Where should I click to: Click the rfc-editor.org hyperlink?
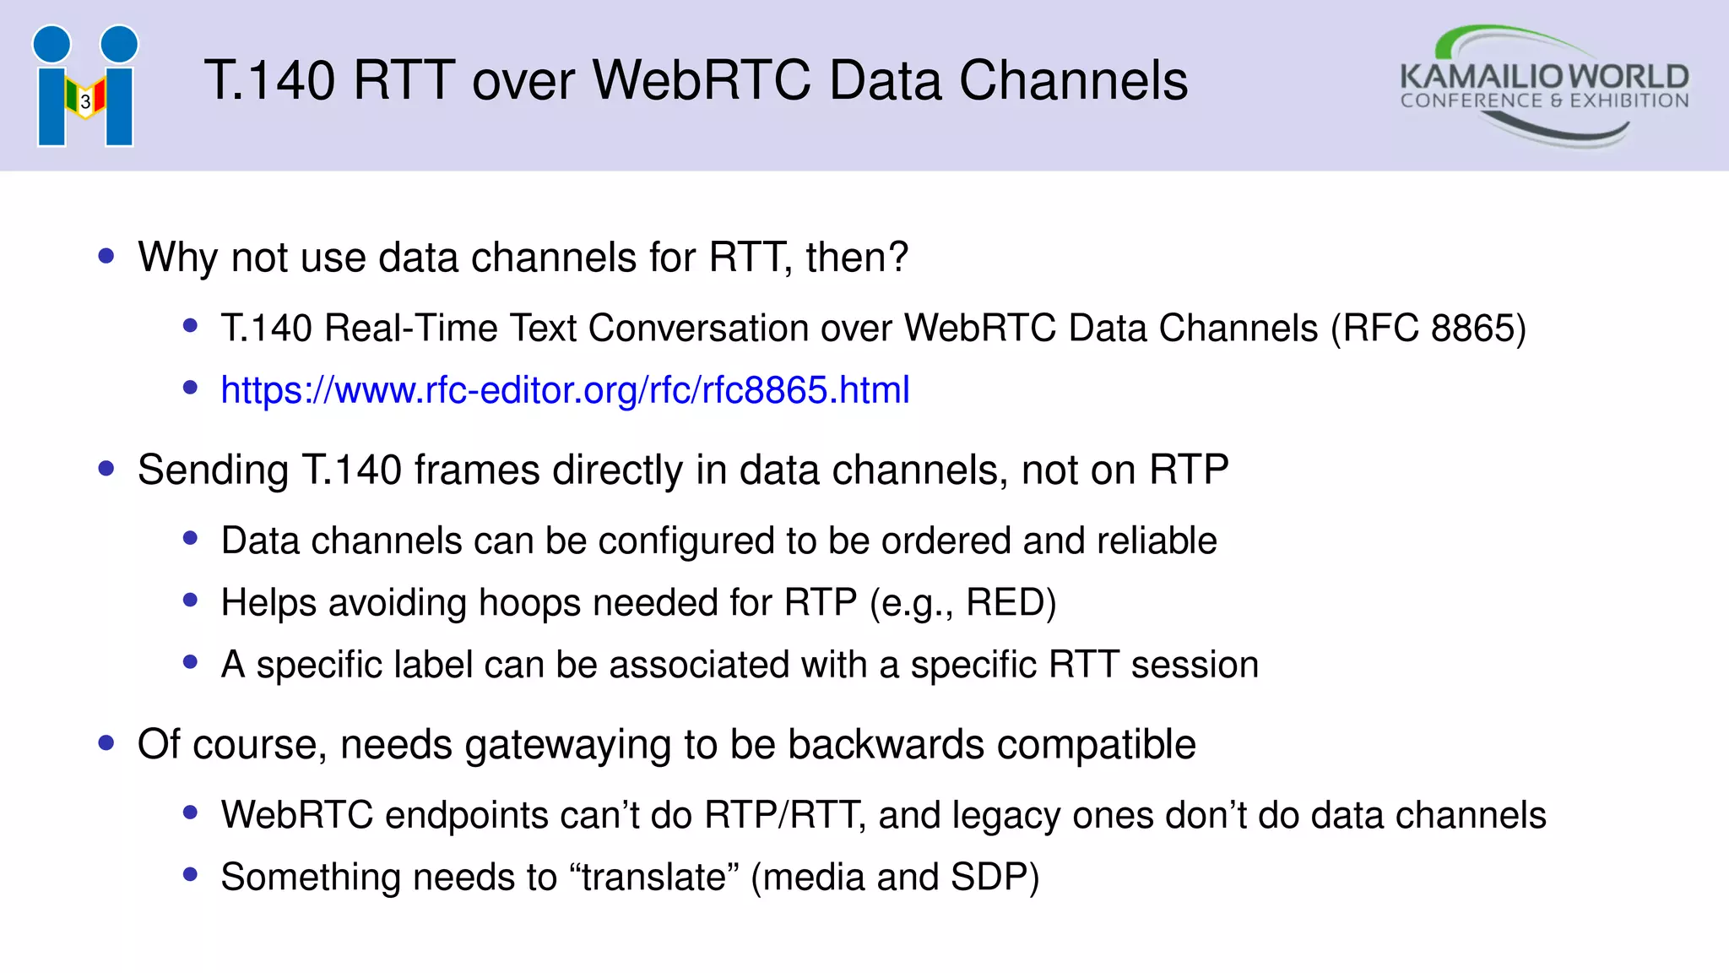pyautogui.click(x=565, y=390)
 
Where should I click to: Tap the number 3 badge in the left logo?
pyautogui.click(x=85, y=102)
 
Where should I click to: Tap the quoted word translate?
pyautogui.click(x=653, y=878)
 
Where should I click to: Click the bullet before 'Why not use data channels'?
pyautogui.click(x=106, y=256)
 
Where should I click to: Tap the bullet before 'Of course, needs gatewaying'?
pyautogui.click(x=106, y=743)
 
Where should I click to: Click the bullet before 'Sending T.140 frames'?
pyautogui.click(x=106, y=469)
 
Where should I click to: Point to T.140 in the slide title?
pyautogui.click(x=269, y=81)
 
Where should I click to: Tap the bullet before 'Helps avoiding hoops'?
pyautogui.click(x=190, y=601)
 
